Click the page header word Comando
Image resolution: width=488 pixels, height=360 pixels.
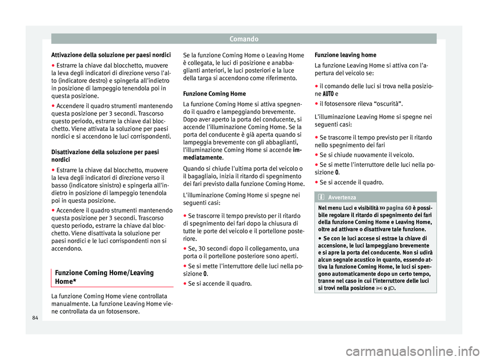tap(244, 38)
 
